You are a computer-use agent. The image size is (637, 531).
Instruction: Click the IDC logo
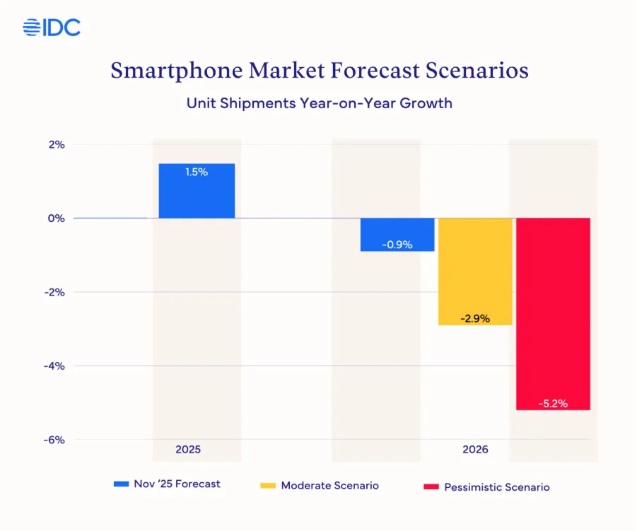(x=51, y=28)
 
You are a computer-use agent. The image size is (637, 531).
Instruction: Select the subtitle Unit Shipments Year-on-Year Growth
(x=319, y=103)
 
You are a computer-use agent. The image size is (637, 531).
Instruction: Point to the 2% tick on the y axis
(x=57, y=144)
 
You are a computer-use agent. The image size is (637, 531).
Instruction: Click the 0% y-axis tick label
(x=57, y=218)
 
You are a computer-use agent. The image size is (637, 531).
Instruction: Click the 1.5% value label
(x=197, y=172)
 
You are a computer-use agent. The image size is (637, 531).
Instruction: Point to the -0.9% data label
(x=397, y=245)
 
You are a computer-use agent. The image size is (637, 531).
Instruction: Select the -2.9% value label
(x=475, y=318)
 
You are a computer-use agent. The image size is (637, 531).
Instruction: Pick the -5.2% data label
(x=553, y=404)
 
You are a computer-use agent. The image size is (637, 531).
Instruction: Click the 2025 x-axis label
(x=188, y=449)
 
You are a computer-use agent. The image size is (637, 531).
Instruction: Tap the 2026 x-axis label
(x=475, y=449)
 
